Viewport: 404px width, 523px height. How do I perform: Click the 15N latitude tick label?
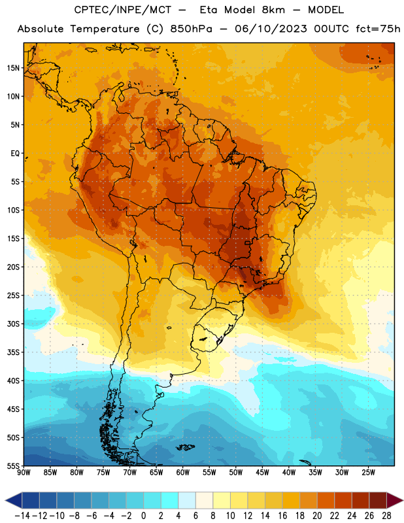click(13, 68)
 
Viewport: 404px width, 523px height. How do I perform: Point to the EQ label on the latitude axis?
click(15, 154)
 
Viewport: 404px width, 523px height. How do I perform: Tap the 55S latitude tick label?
click(13, 465)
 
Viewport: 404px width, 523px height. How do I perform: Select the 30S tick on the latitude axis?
click(13, 324)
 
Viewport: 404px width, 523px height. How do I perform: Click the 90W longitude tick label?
click(24, 472)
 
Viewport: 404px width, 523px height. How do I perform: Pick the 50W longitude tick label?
click(235, 472)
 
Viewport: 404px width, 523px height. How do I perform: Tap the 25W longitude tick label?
click(368, 472)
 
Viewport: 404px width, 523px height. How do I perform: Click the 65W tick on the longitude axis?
click(156, 472)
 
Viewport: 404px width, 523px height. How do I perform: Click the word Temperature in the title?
click(105, 29)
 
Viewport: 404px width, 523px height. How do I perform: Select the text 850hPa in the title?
click(191, 29)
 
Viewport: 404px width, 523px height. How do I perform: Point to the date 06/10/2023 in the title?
click(271, 29)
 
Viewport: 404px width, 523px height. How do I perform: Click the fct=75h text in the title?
click(378, 29)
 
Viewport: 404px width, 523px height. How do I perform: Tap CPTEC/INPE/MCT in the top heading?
click(122, 10)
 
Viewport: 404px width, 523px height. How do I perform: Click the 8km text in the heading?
click(273, 10)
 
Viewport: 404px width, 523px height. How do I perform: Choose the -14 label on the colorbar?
click(22, 516)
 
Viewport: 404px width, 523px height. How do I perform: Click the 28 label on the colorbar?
click(386, 516)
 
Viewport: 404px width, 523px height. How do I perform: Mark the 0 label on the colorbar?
click(143, 516)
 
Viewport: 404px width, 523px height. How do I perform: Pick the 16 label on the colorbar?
click(282, 516)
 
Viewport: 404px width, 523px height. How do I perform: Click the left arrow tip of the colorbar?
click(5, 500)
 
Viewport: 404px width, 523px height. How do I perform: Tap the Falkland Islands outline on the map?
click(185, 447)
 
